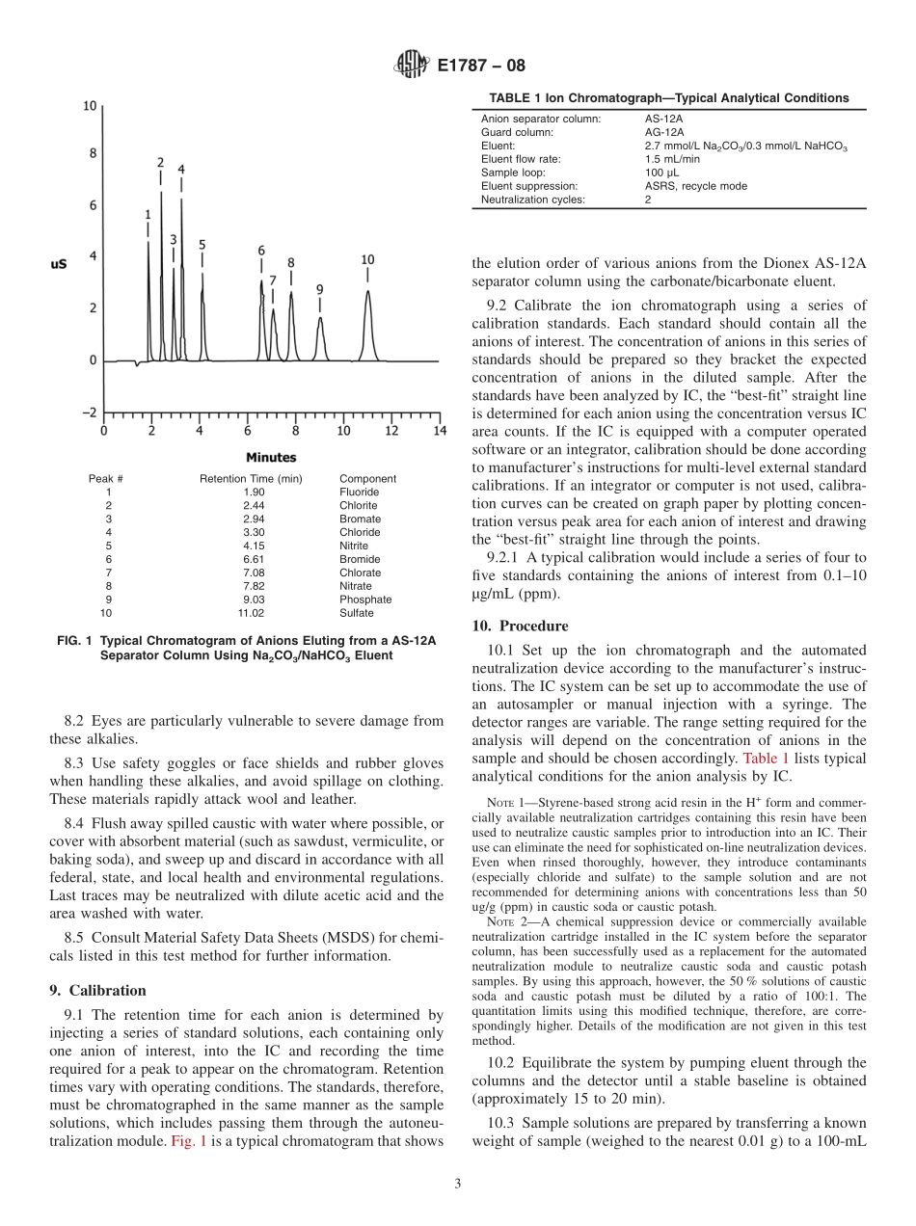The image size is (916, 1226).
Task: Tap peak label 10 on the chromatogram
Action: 367,259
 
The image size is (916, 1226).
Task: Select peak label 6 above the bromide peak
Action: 260,251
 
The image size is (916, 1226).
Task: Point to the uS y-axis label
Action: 59,262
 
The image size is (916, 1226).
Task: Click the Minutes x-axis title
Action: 271,457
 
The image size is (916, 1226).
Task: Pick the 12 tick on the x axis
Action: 391,431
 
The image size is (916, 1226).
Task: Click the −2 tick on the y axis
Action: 88,413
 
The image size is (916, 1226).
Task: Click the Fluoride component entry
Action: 359,492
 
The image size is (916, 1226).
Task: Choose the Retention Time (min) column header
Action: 251,478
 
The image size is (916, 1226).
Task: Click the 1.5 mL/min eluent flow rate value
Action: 672,159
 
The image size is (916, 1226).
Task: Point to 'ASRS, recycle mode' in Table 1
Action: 695,186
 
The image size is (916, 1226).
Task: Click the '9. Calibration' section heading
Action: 97,990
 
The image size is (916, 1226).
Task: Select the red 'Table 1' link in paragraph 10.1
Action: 766,759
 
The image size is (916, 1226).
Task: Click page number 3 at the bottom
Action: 457,1184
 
